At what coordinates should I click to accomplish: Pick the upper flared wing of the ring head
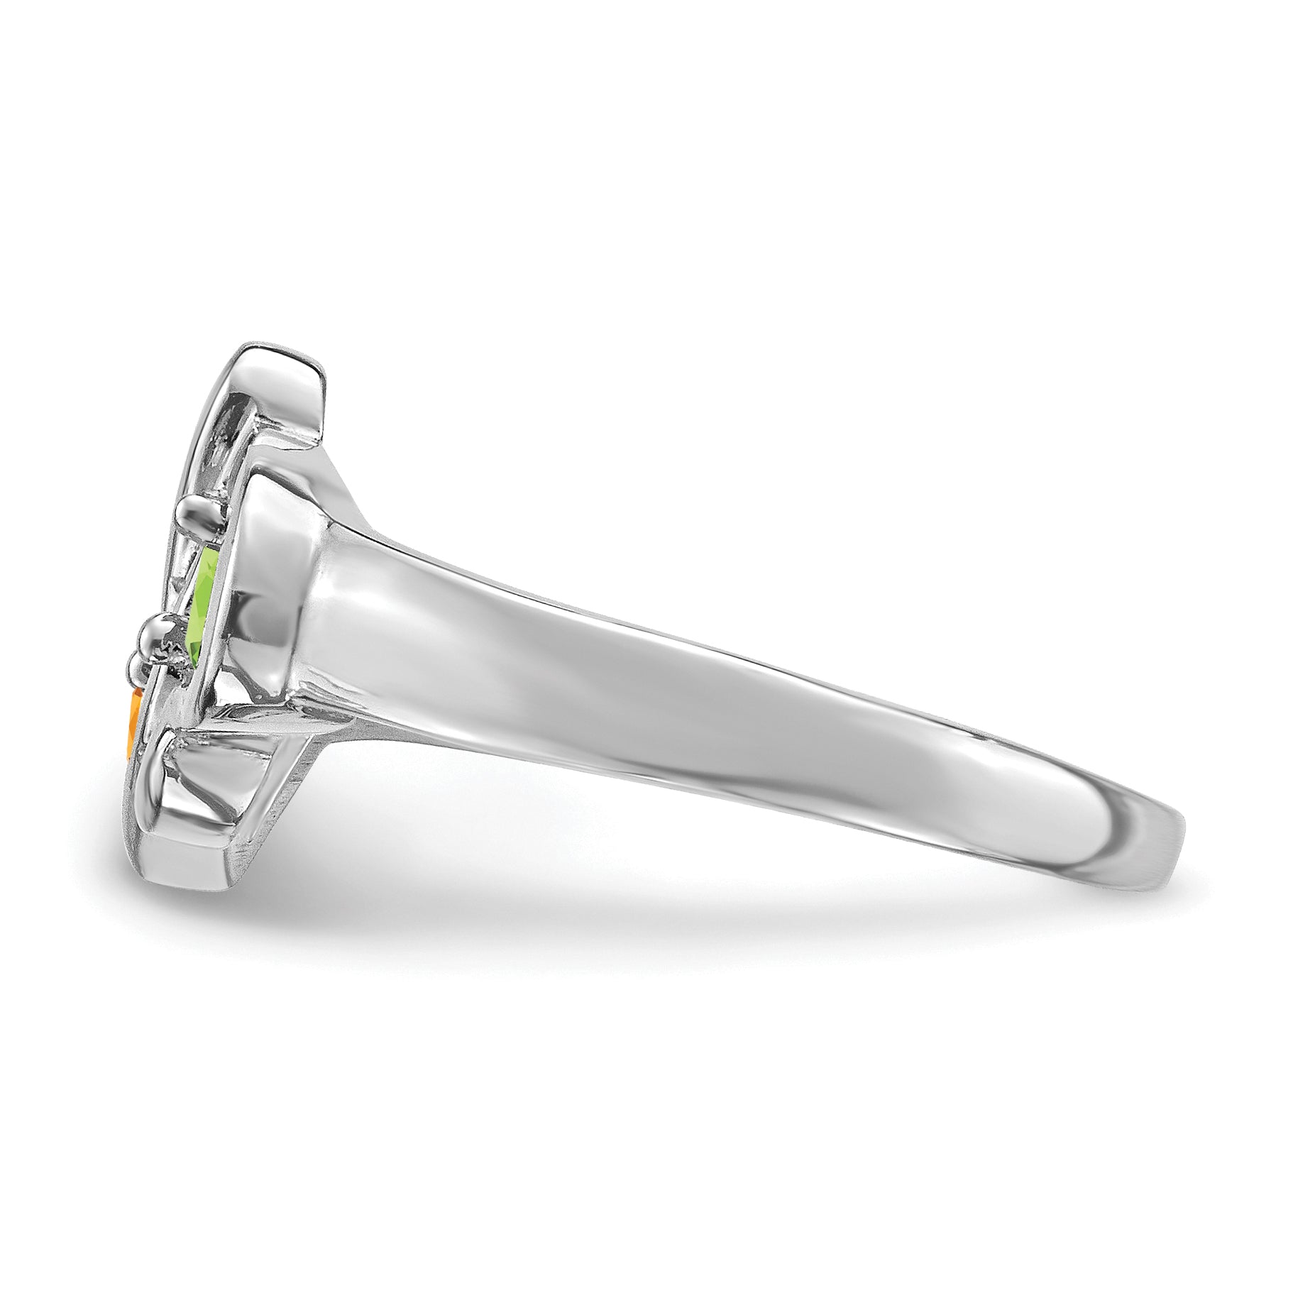pyautogui.click(x=284, y=397)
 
